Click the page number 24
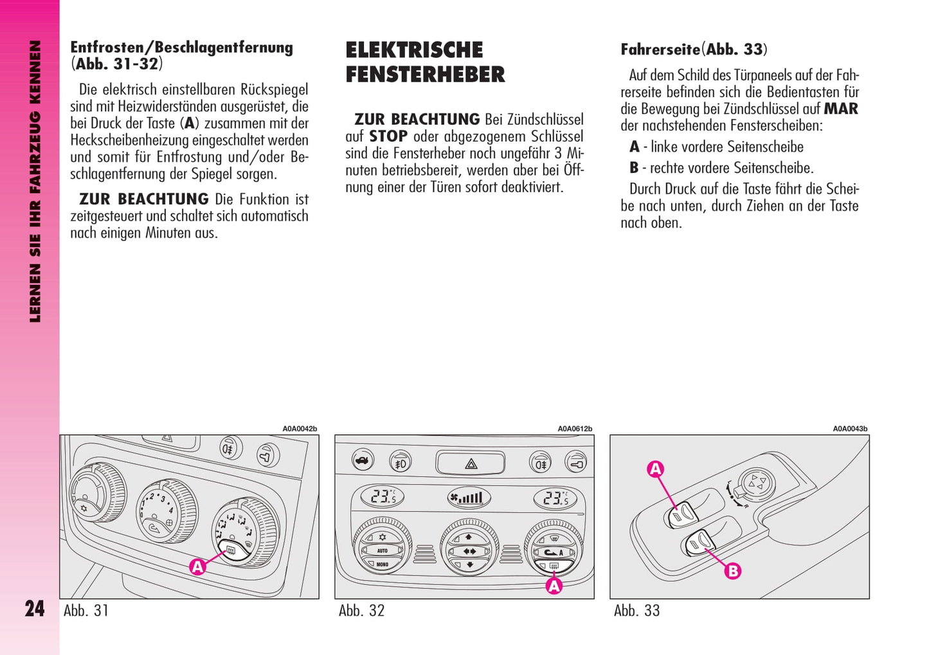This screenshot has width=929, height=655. pyautogui.click(x=35, y=609)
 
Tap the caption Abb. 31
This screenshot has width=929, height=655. pyautogui.click(x=86, y=610)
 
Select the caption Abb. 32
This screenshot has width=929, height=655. pyautogui.click(x=362, y=610)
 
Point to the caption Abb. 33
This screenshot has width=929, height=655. pyautogui.click(x=637, y=610)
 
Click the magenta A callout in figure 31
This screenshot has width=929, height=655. pyautogui.click(x=197, y=567)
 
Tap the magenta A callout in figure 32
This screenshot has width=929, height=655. pyautogui.click(x=554, y=586)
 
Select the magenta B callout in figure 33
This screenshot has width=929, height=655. pyautogui.click(x=733, y=571)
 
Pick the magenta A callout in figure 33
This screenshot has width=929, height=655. pyautogui.click(x=655, y=469)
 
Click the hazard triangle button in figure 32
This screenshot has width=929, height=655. pyautogui.click(x=471, y=463)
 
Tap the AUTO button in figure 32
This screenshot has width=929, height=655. pyautogui.click(x=382, y=550)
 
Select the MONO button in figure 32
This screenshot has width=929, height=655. pyautogui.click(x=382, y=564)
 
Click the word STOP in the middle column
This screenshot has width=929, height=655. pyautogui.click(x=388, y=136)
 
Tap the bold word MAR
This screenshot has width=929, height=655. pyautogui.click(x=841, y=109)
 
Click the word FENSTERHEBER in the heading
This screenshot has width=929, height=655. pyautogui.click(x=426, y=75)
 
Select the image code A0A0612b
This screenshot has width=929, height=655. pyautogui.click(x=575, y=429)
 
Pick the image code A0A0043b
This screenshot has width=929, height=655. pyautogui.click(x=850, y=429)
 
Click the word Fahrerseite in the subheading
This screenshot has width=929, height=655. pyautogui.click(x=660, y=49)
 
